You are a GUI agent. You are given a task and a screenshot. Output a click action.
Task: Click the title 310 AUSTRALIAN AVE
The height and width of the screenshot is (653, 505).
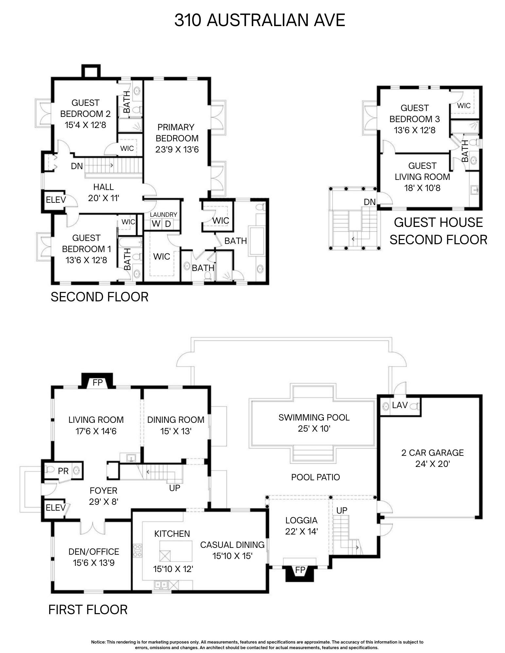click(x=260, y=20)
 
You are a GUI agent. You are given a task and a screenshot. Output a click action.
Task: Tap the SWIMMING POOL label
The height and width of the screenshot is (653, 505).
click(x=314, y=417)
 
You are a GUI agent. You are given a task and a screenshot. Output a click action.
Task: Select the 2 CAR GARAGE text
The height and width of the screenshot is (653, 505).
click(x=432, y=453)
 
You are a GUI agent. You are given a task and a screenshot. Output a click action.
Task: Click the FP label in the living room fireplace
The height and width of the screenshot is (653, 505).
click(x=97, y=382)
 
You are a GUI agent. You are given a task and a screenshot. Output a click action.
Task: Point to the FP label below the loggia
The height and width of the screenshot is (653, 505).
click(x=300, y=570)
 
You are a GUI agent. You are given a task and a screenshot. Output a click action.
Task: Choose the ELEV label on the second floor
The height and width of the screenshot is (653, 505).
click(x=56, y=200)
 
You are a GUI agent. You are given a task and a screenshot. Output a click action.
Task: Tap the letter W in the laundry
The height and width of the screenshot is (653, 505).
click(x=156, y=224)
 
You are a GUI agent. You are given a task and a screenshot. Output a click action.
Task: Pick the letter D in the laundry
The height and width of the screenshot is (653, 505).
click(x=168, y=224)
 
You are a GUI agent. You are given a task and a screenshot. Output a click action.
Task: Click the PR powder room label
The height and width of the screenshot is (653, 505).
click(x=63, y=471)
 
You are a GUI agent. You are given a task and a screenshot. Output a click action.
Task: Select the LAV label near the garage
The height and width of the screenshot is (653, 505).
click(x=400, y=405)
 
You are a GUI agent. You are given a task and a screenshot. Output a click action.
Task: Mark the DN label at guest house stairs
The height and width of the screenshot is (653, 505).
click(x=370, y=202)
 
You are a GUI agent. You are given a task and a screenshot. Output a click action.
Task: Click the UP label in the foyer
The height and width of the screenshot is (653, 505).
click(x=175, y=488)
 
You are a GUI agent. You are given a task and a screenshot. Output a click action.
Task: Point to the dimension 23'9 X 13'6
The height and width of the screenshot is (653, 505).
click(x=177, y=149)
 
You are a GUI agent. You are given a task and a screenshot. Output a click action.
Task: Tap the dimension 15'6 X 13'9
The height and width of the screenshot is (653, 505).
click(x=94, y=563)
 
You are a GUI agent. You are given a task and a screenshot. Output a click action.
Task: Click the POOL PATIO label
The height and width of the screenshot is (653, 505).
click(x=315, y=477)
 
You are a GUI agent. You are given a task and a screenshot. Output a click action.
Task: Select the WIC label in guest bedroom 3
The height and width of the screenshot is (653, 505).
click(x=463, y=105)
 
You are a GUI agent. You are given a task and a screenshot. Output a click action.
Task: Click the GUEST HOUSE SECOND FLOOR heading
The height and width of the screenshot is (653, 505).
click(x=438, y=231)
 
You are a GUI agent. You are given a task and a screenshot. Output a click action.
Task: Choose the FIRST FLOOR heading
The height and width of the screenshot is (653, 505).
click(x=88, y=610)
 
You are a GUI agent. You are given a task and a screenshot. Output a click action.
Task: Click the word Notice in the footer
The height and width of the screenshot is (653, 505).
click(x=98, y=642)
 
